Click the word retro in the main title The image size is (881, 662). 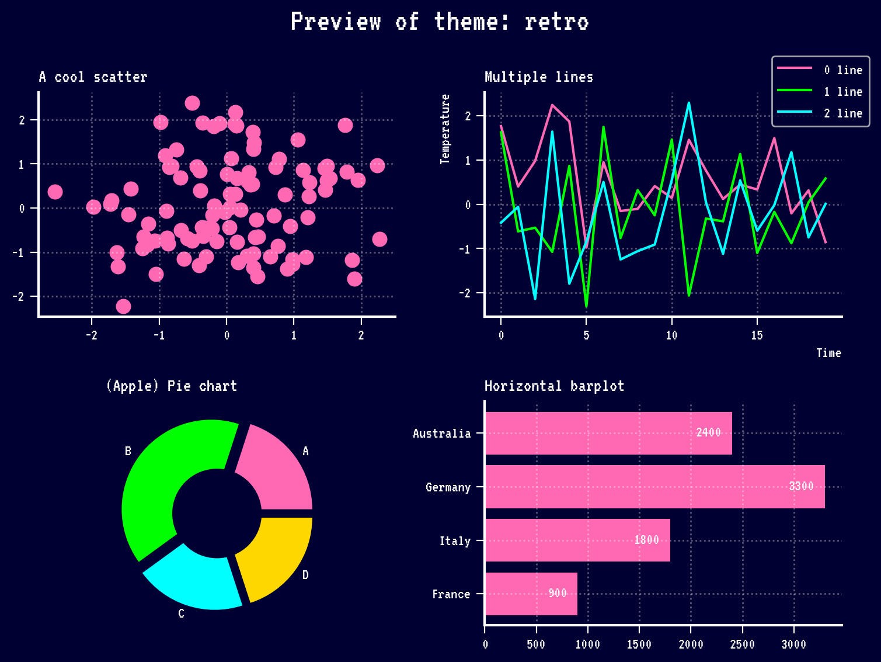point(556,22)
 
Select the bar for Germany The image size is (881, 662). point(654,487)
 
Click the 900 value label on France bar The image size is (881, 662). point(558,594)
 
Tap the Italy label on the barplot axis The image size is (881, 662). point(455,541)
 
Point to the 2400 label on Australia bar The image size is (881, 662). point(708,432)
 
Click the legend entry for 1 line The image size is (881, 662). point(843,92)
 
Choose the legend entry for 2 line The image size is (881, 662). point(843,113)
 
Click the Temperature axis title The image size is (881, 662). point(445,129)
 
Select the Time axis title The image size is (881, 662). point(828,353)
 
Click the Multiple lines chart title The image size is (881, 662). point(539,77)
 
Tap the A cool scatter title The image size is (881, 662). point(93,77)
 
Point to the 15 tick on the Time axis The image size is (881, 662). point(757,335)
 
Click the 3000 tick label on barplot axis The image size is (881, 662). point(793,644)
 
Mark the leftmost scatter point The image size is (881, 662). point(55,192)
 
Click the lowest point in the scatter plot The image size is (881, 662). point(123,306)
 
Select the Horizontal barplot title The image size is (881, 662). point(554,386)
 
